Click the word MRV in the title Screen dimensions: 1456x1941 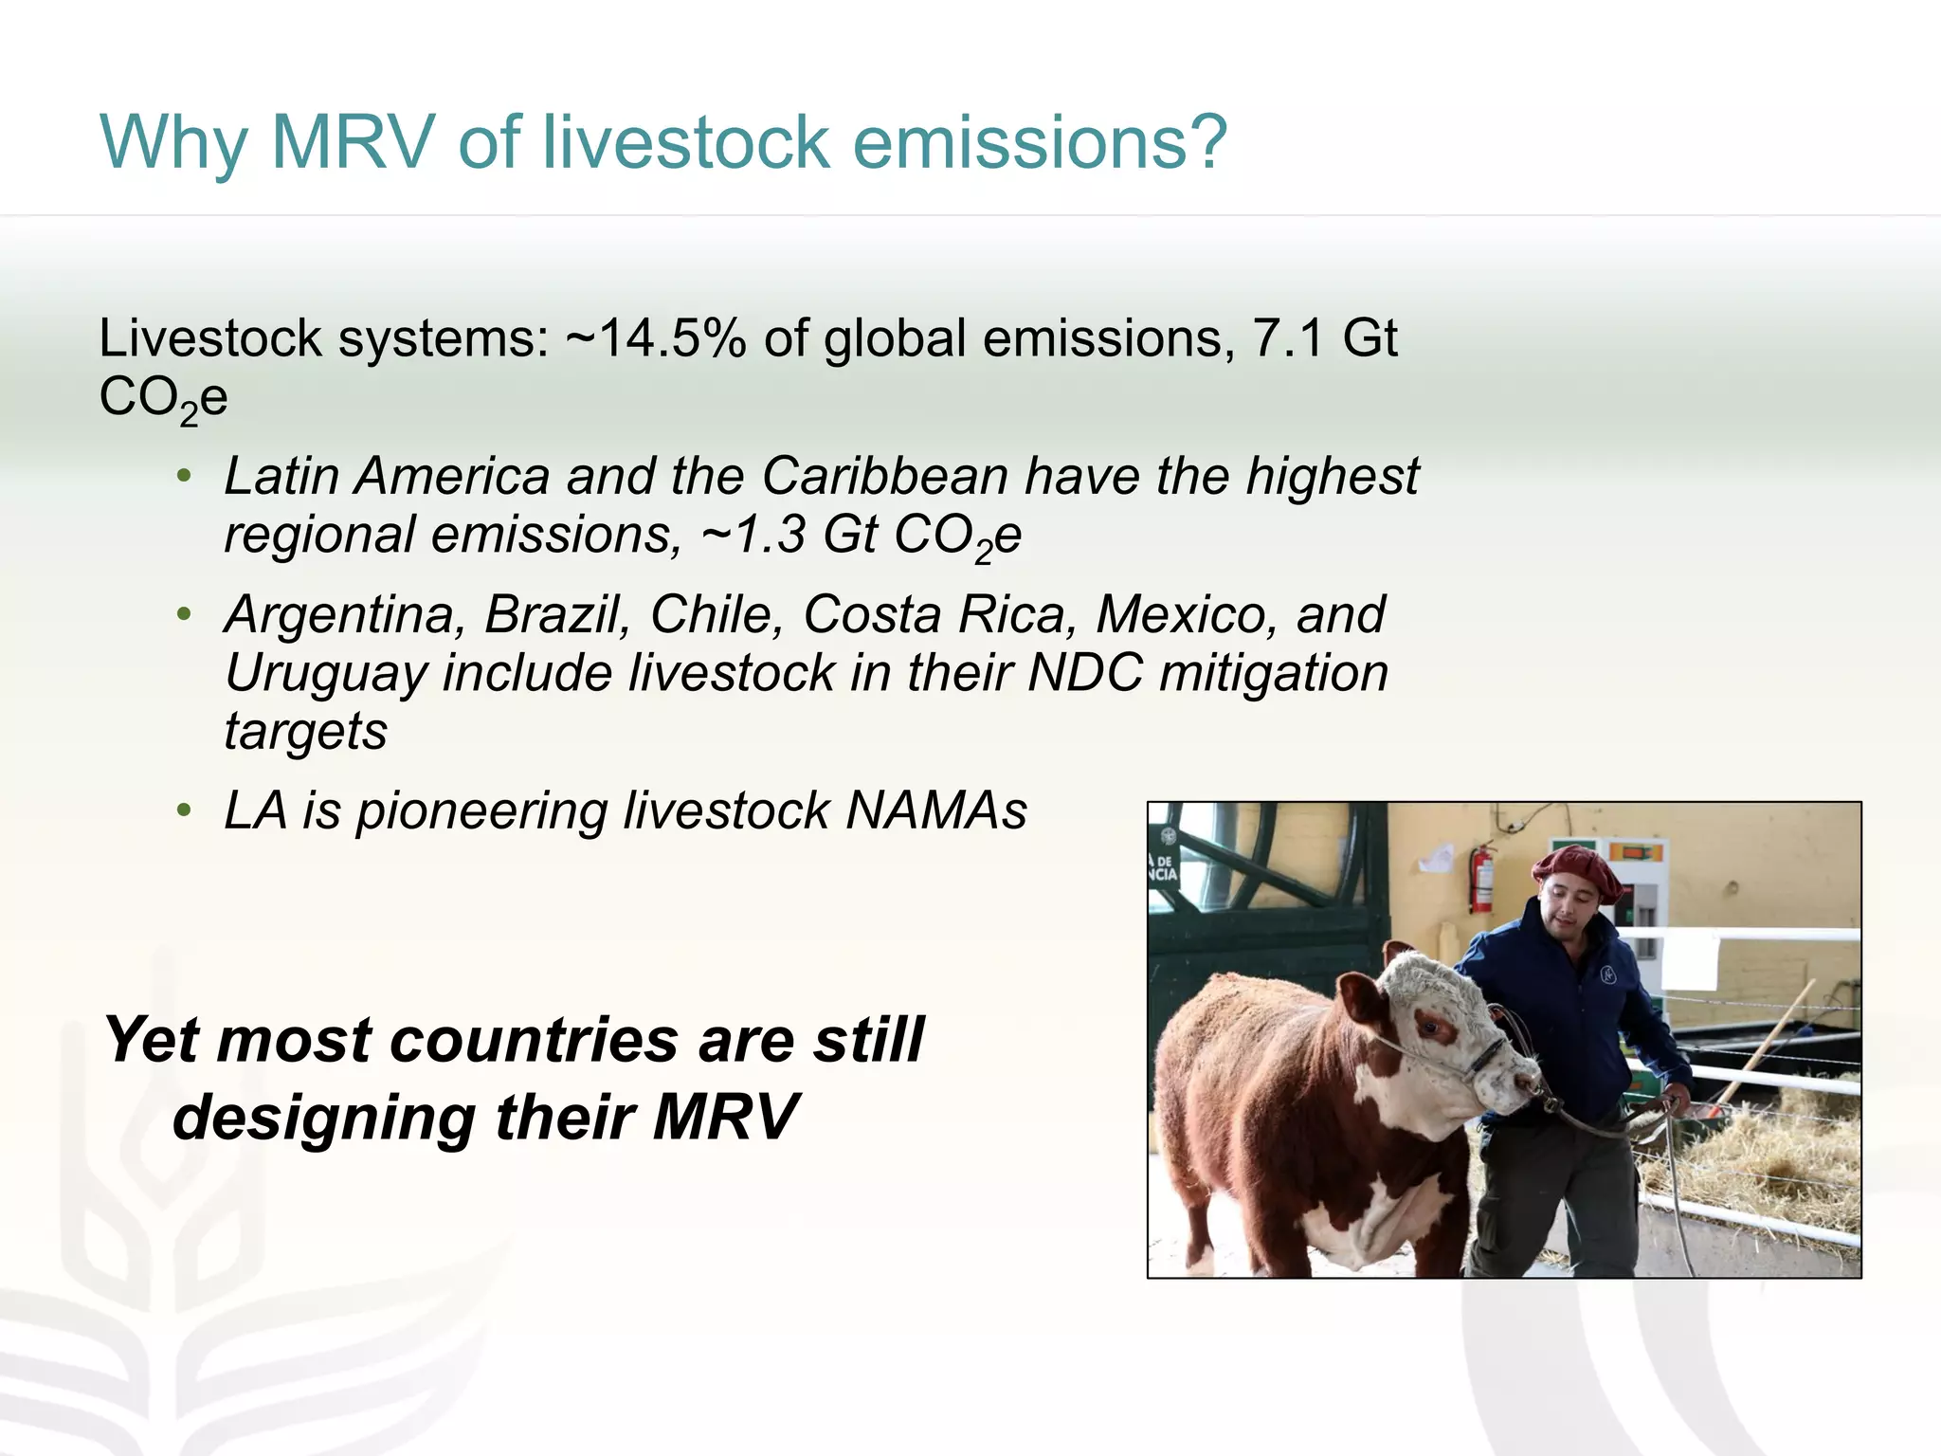click(x=353, y=142)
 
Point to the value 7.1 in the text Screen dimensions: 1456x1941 click(x=1286, y=338)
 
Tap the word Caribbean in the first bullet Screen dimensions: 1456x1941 click(x=884, y=476)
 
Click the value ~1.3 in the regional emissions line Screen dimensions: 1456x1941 click(x=753, y=535)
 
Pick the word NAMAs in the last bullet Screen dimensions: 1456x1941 click(x=935, y=811)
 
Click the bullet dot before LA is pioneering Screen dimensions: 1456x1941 click(x=185, y=811)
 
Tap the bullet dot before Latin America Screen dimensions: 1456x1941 click(x=185, y=476)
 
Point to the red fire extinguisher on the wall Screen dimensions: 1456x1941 click(x=1480, y=877)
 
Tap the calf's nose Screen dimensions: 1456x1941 click(x=1526, y=1081)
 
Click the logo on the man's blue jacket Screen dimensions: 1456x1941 click(x=1608, y=974)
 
